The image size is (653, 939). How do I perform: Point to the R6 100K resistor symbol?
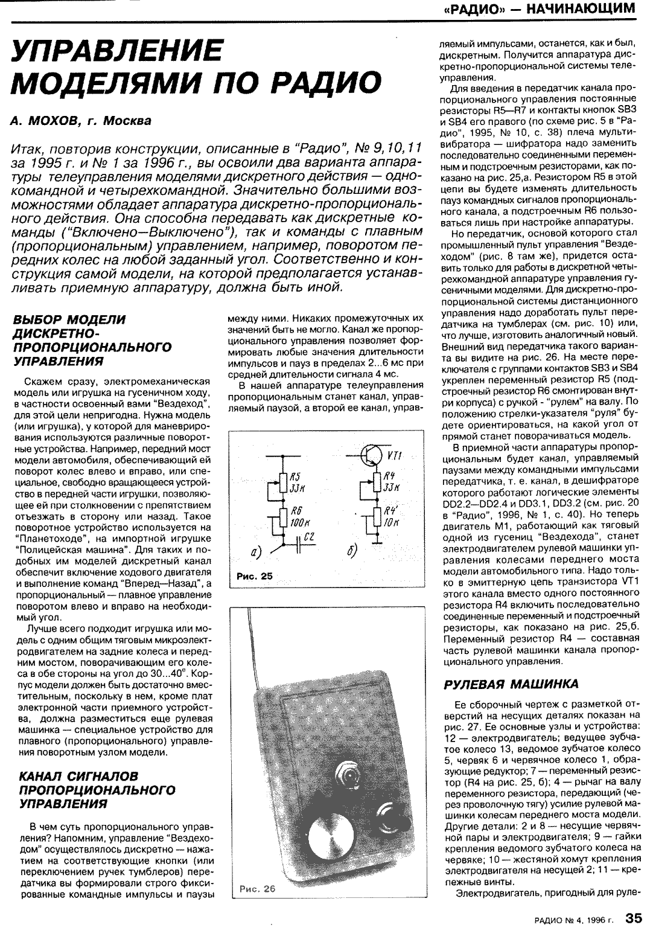(x=282, y=516)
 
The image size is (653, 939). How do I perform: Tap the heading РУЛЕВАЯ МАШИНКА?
(x=511, y=684)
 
